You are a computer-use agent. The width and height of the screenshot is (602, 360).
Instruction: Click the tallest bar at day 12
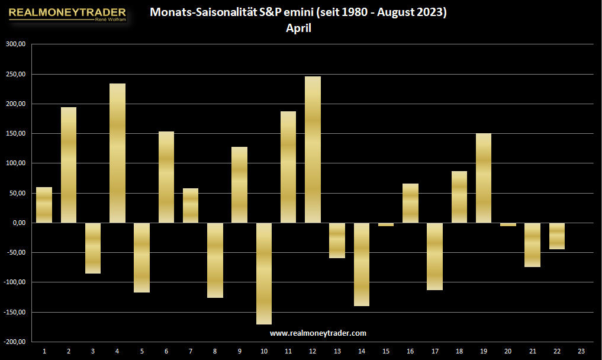pyautogui.click(x=313, y=149)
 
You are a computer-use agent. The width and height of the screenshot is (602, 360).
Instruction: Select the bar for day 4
pyautogui.click(x=117, y=153)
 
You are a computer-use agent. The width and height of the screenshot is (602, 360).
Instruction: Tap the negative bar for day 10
pyautogui.click(x=264, y=274)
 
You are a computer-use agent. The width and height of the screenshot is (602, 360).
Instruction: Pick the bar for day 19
pyautogui.click(x=484, y=178)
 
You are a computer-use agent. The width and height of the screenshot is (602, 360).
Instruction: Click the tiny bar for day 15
pyautogui.click(x=386, y=224)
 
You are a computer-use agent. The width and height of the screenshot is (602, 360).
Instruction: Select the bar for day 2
pyautogui.click(x=68, y=165)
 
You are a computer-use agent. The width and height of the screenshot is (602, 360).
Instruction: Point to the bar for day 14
pyautogui.click(x=361, y=264)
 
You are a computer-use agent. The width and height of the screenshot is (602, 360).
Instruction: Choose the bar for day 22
pyautogui.click(x=556, y=236)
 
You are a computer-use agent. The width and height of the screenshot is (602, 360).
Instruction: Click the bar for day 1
pyautogui.click(x=44, y=205)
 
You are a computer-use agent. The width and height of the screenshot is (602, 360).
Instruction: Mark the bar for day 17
pyautogui.click(x=434, y=256)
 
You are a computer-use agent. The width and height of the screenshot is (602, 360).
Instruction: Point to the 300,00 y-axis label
pyautogui.click(x=16, y=44)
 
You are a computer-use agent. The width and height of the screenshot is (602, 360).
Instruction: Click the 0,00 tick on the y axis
pyautogui.click(x=19, y=223)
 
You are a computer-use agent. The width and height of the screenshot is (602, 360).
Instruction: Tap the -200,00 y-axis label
pyautogui.click(x=15, y=342)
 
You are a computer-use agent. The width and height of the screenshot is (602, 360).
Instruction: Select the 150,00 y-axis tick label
pyautogui.click(x=16, y=133)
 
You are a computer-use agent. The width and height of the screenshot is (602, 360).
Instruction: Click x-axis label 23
pyautogui.click(x=581, y=351)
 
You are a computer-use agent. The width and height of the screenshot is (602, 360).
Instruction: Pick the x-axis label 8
pyautogui.click(x=215, y=351)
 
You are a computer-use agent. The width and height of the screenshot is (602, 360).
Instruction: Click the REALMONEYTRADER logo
pyautogui.click(x=67, y=14)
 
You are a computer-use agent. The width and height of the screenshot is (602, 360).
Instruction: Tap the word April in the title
pyautogui.click(x=298, y=28)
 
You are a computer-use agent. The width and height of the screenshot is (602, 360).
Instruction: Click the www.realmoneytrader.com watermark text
pyautogui.click(x=318, y=333)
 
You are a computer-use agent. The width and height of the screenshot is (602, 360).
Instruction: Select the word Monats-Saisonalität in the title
pyautogui.click(x=203, y=12)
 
